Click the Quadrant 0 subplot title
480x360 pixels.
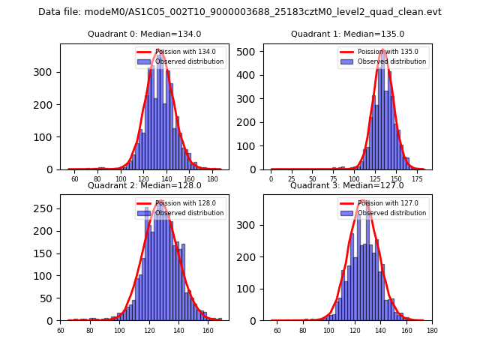[144, 34]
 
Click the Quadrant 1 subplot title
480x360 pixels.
[347, 34]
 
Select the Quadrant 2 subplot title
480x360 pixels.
[144, 185]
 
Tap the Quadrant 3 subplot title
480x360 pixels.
[347, 185]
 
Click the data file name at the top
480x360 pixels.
[240, 12]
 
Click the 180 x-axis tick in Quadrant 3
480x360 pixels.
[432, 330]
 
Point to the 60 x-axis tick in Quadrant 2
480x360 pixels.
[61, 330]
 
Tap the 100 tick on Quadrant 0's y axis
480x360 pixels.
[47, 137]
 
